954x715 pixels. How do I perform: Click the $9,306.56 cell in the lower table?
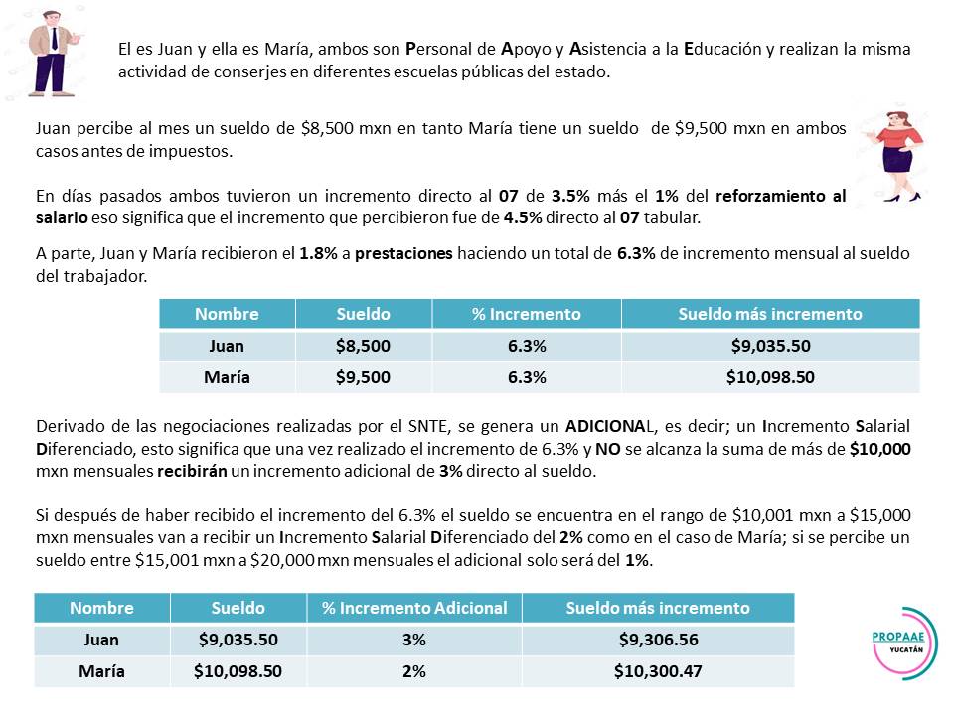658,641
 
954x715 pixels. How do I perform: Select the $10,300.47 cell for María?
658,671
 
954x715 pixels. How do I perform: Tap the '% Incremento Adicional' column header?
414,608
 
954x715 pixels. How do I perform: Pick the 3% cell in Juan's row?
414,641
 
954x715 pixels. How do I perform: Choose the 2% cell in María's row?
414,671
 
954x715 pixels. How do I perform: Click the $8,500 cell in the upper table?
363,346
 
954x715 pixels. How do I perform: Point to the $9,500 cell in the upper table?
363,377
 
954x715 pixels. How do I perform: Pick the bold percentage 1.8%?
315,253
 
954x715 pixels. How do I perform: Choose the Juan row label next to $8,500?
227,346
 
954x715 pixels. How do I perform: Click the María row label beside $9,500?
227,377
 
